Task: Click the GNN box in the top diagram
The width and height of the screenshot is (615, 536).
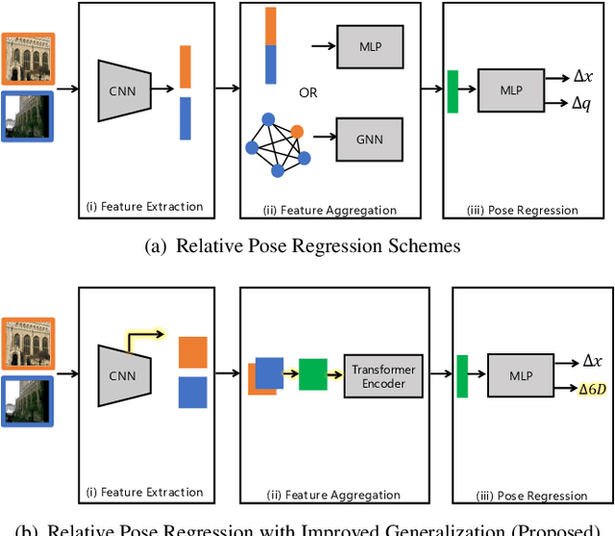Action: pyautogui.click(x=369, y=140)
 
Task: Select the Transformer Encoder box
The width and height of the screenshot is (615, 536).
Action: pyautogui.click(x=382, y=375)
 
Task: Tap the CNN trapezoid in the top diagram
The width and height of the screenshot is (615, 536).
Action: pyautogui.click(x=124, y=89)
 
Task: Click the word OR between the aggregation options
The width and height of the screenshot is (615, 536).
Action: pyautogui.click(x=307, y=93)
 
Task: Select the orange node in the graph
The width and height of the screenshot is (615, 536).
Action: pyautogui.click(x=297, y=131)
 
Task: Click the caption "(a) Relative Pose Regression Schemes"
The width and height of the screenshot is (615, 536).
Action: pyautogui.click(x=302, y=246)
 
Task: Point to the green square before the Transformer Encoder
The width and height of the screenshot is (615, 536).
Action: pyautogui.click(x=313, y=373)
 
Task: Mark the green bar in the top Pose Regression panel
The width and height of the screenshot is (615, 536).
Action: pyautogui.click(x=453, y=91)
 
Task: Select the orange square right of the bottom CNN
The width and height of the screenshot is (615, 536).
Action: pyautogui.click(x=192, y=351)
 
